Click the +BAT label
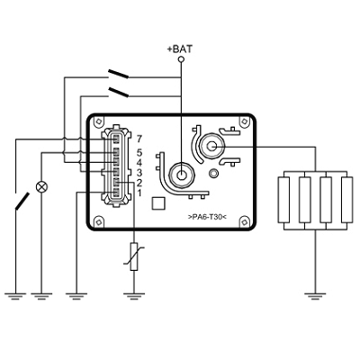pyautogui.click(x=180, y=49)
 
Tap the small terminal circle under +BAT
pyautogui.click(x=181, y=59)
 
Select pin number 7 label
pyautogui.click(x=139, y=139)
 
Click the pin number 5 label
pyautogui.click(x=139, y=153)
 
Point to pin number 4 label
pyautogui.click(x=139, y=163)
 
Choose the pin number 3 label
pyautogui.click(x=139, y=173)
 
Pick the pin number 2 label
pyautogui.click(x=139, y=183)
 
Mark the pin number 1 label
pyautogui.click(x=139, y=193)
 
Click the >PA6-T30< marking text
pyautogui.click(x=207, y=217)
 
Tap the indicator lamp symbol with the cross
pyautogui.click(x=41, y=186)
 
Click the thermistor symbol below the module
pyautogui.click(x=134, y=256)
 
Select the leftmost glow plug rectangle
pyautogui.click(x=283, y=200)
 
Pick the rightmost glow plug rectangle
pyautogui.click(x=347, y=200)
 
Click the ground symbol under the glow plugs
pyautogui.click(x=315, y=296)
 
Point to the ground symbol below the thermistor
pyautogui.click(x=134, y=296)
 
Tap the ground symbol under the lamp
pyautogui.click(x=41, y=296)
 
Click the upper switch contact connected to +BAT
pyautogui.click(x=118, y=74)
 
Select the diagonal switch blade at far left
pyautogui.click(x=22, y=202)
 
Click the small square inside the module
pyautogui.click(x=158, y=202)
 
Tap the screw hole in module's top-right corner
pyautogui.click(x=244, y=121)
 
